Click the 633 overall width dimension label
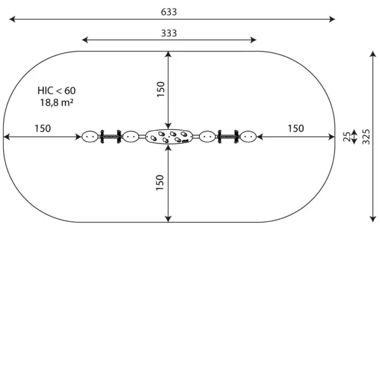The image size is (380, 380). coord(169,12)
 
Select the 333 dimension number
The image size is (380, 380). coord(169,33)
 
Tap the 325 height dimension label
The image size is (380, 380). coord(366,137)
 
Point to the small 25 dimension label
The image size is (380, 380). coord(347,137)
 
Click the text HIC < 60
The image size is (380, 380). coord(56,91)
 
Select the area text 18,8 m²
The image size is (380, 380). coord(56,102)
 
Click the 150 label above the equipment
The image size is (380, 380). coord(160,89)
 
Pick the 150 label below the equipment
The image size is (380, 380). coord(160,183)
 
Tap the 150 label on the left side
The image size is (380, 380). coord(42,129)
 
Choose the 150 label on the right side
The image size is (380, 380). coord(296,129)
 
